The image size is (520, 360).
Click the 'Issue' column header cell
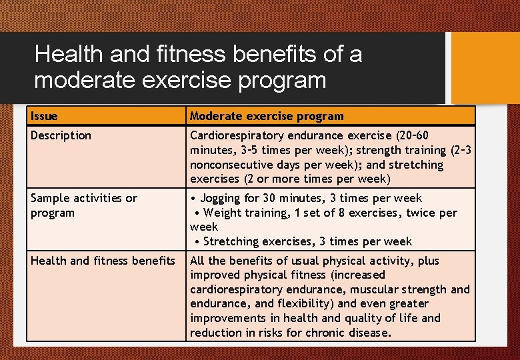(x=45, y=116)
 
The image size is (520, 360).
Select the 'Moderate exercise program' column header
(x=267, y=116)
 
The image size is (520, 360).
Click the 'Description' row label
(x=61, y=135)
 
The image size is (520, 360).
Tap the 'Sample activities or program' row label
(x=83, y=205)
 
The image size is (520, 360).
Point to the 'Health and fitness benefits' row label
(x=102, y=261)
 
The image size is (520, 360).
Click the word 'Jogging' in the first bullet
(x=222, y=198)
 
